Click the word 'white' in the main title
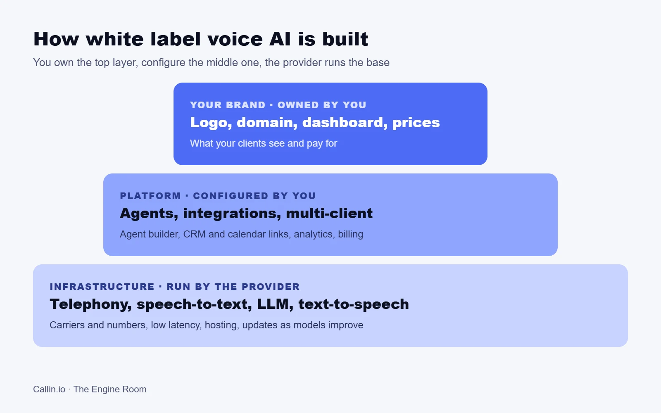(x=114, y=39)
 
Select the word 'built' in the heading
(x=345, y=39)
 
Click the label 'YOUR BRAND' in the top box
(x=228, y=105)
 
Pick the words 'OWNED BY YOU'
(x=322, y=105)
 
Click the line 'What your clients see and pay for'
(x=264, y=144)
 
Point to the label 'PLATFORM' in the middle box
(x=150, y=196)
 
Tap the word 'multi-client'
(x=329, y=213)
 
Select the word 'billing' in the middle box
(x=351, y=235)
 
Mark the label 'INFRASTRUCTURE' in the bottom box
(x=102, y=287)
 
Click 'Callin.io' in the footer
(x=49, y=389)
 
